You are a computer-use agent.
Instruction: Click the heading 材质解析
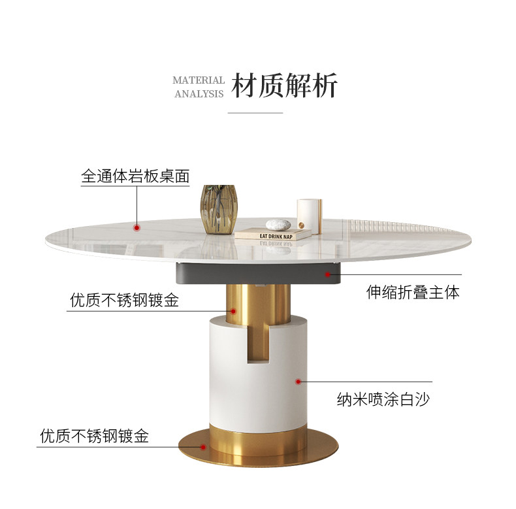coord(285,86)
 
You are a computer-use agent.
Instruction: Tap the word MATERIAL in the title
coord(199,80)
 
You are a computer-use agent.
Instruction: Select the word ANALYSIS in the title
coord(199,93)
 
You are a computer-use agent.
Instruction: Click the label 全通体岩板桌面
coord(135,176)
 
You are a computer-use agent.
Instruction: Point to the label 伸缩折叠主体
coord(413,292)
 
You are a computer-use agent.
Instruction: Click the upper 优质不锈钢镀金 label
coord(124,301)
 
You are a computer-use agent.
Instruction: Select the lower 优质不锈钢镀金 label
coord(95,436)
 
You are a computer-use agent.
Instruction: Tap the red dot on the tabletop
coord(137,227)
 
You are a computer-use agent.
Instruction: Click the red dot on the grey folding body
coord(327,274)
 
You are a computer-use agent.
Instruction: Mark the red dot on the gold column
coord(232,311)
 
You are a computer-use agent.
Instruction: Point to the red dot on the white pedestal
coord(298,381)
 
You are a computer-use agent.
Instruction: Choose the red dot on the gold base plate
coord(203,447)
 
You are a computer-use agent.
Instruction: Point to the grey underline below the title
coord(255,112)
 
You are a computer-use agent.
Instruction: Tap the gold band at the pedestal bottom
coord(258,441)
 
